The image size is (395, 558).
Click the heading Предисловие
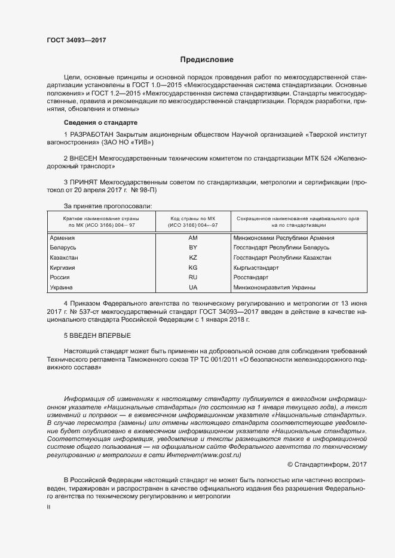coord(207,60)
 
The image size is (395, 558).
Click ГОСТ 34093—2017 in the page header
coord(72,40)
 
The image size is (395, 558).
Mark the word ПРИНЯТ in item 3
coord(84,181)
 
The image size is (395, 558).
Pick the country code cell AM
coord(192,238)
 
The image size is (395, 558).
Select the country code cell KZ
coord(192,258)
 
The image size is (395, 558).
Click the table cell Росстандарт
coord(252,278)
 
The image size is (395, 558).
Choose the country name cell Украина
coord(62,288)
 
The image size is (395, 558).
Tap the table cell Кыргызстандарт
coord(256,268)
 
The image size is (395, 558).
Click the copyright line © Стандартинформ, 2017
coord(327,464)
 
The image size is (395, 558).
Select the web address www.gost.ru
coord(222,454)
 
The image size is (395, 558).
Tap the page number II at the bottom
coord(48,506)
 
